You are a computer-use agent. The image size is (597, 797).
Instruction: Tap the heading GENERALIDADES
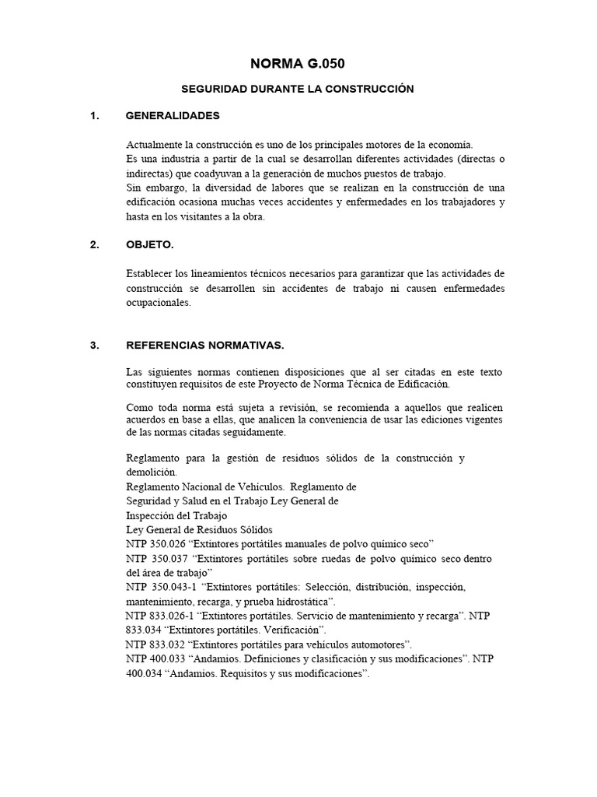[x=173, y=116]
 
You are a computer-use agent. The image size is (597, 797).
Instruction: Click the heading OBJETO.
[x=150, y=244]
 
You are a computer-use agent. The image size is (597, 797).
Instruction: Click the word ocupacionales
[x=157, y=303]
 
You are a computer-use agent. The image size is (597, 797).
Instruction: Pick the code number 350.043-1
[x=173, y=587]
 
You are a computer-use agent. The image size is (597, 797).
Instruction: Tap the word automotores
[x=379, y=644]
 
